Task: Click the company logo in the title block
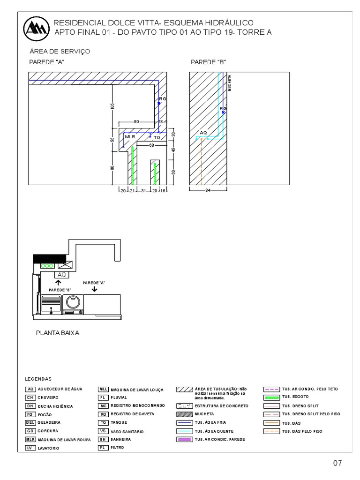pyautogui.click(x=37, y=29)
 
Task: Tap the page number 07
pyautogui.click(x=337, y=464)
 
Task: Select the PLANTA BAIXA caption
pyautogui.click(x=58, y=333)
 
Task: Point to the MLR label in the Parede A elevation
pyautogui.click(x=130, y=137)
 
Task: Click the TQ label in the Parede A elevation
pyautogui.click(x=157, y=138)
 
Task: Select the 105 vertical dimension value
pyautogui.click(x=112, y=106)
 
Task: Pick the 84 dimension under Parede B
pyautogui.click(x=208, y=190)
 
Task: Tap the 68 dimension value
pyautogui.click(x=152, y=145)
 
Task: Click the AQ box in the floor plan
pyautogui.click(x=62, y=274)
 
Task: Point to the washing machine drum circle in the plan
pyautogui.click(x=74, y=301)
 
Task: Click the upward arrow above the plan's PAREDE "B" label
pyautogui.click(x=59, y=283)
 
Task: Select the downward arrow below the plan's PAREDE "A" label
pyautogui.click(x=95, y=290)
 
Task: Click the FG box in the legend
pyautogui.click(x=30, y=414)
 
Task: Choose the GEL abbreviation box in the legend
pyautogui.click(x=30, y=422)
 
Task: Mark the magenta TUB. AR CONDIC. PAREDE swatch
pyautogui.click(x=185, y=439)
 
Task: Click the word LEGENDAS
pyautogui.click(x=37, y=379)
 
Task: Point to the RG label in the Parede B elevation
pyautogui.click(x=223, y=109)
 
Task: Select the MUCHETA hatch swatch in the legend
pyautogui.click(x=185, y=414)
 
